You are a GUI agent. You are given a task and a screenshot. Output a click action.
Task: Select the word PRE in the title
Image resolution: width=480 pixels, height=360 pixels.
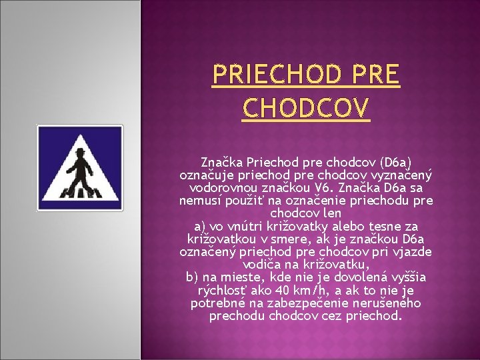(x=377, y=76)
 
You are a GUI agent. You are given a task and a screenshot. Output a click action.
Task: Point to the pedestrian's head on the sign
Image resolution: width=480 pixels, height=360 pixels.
(x=81, y=153)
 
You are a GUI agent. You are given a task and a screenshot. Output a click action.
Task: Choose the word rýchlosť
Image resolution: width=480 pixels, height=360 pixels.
(x=223, y=290)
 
